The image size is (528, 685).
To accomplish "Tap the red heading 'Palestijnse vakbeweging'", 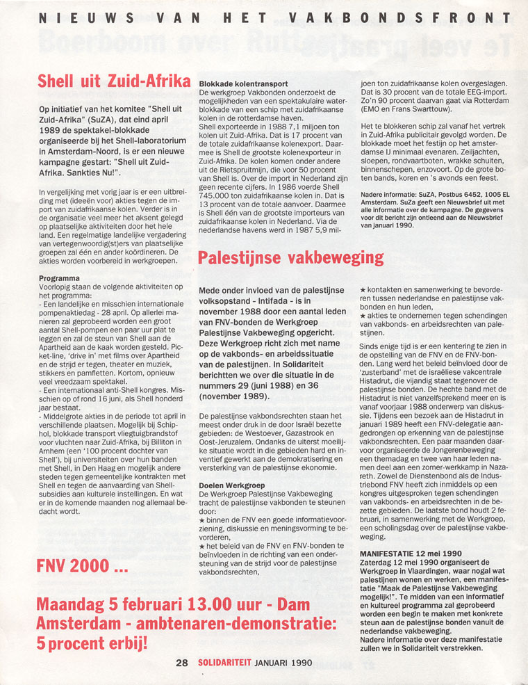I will tap(290, 259).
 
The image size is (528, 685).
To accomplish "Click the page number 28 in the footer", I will tap(181, 663).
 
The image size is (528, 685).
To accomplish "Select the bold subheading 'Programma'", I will tap(60, 278).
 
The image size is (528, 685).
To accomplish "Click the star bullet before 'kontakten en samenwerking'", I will tap(363, 289).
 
